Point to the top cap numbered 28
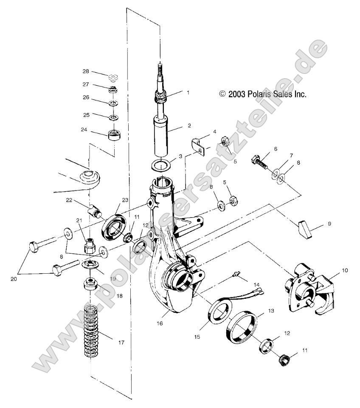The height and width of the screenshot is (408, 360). [112, 77]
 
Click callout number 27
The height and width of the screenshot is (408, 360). [86, 85]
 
